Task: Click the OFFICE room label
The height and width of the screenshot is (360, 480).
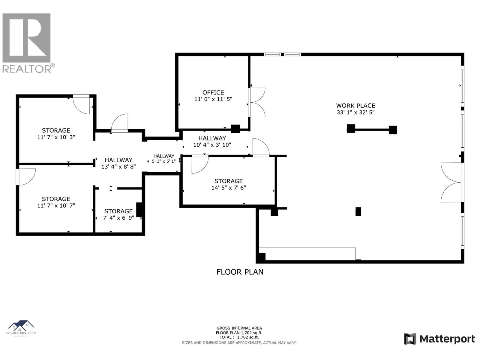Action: tap(213, 92)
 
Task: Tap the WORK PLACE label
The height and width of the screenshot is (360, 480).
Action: tap(355, 106)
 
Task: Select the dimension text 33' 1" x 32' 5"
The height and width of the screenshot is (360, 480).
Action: tap(355, 112)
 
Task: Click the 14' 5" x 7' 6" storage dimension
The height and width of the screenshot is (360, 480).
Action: tap(229, 188)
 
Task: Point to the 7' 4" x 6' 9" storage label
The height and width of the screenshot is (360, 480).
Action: tap(118, 218)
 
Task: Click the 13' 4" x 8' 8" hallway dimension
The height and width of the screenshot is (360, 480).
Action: tap(118, 166)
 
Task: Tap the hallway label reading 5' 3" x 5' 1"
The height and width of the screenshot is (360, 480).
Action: tap(164, 161)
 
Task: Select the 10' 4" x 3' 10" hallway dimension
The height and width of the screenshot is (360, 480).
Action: tap(212, 145)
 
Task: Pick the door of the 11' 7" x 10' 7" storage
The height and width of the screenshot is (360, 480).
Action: tap(26, 176)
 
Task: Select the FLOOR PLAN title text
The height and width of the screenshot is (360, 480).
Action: tap(240, 272)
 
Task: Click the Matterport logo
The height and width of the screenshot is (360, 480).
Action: tap(439, 339)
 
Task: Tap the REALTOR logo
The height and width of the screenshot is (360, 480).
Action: tap(27, 43)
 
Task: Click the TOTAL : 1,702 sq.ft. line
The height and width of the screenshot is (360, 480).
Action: tap(239, 337)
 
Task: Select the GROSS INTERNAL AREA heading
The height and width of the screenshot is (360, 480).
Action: tap(239, 328)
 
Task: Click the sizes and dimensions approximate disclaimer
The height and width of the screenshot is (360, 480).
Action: tap(239, 343)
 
